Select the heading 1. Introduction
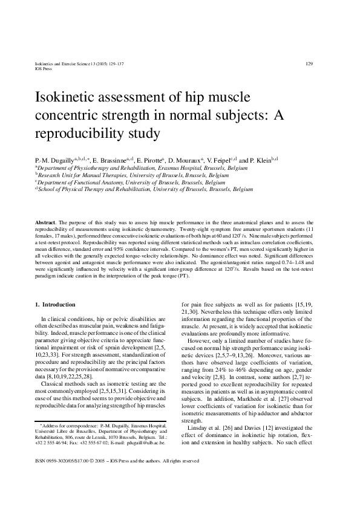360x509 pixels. pos(56,304)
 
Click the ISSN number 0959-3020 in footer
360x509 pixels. pos(57,479)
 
